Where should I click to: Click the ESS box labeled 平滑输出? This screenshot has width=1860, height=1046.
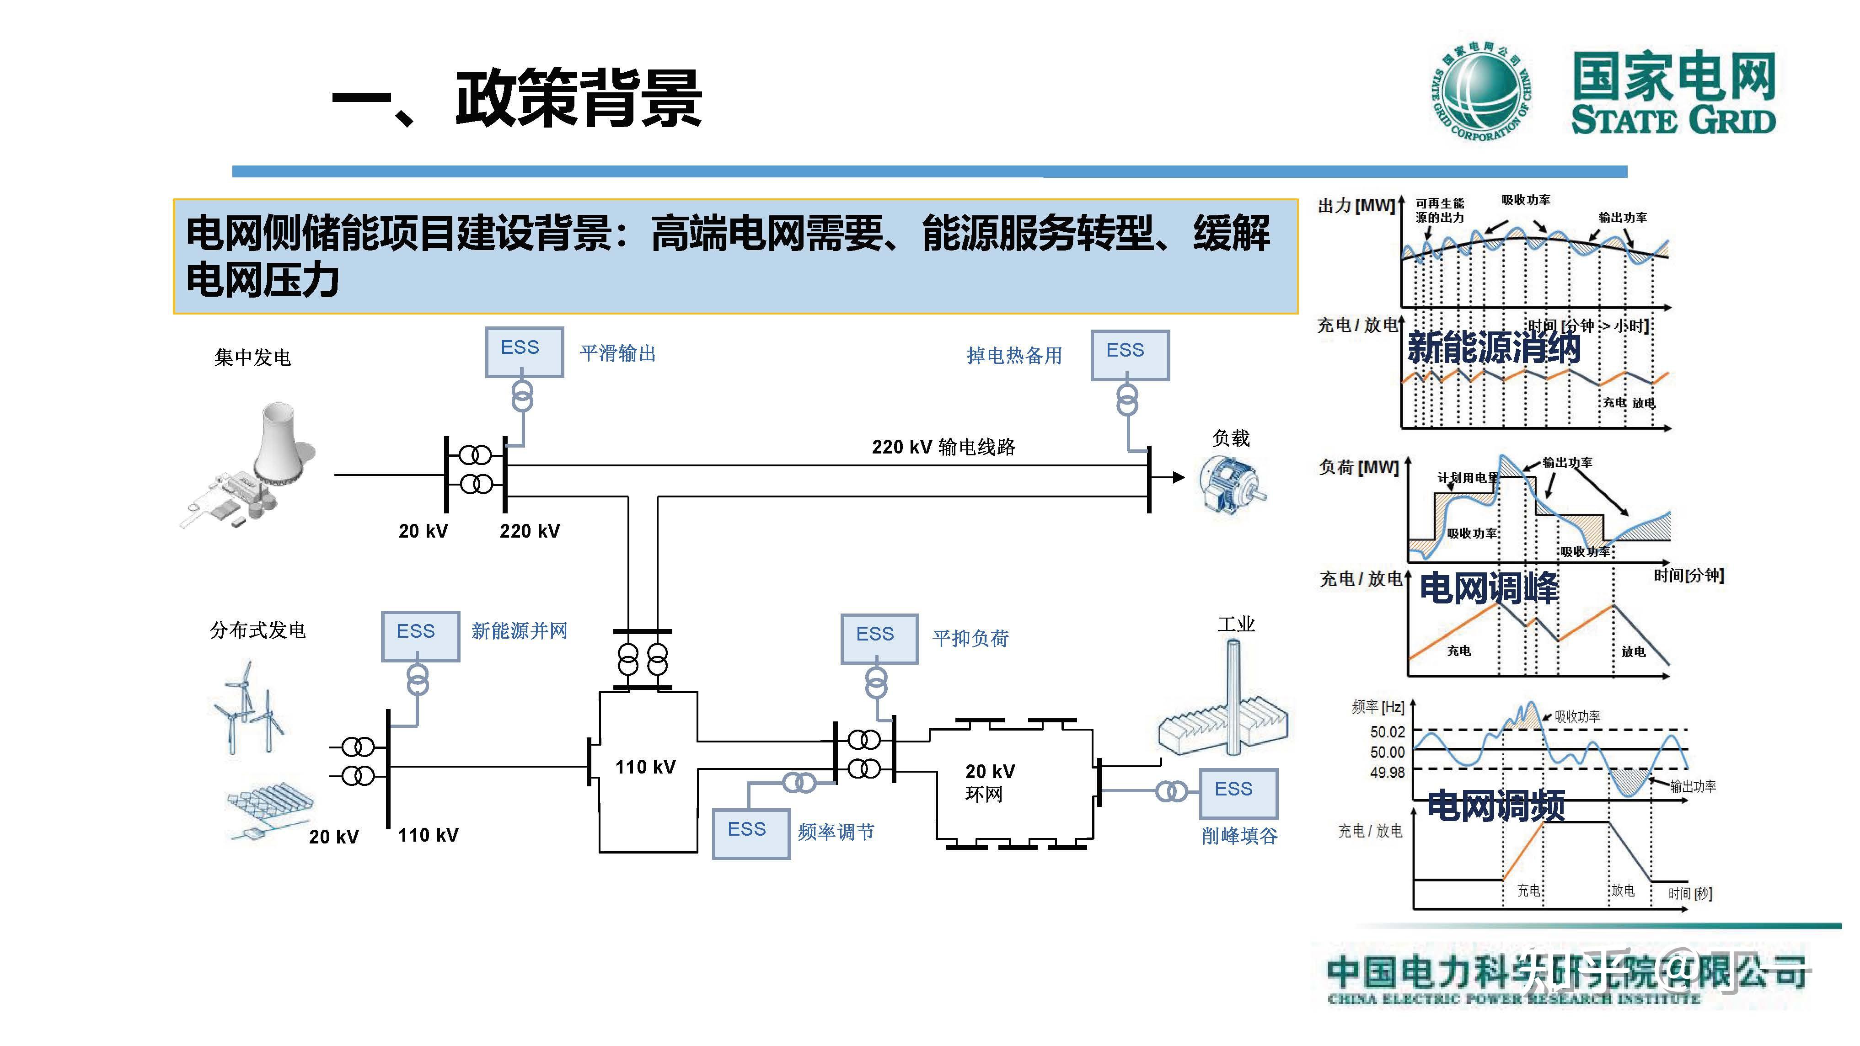point(524,352)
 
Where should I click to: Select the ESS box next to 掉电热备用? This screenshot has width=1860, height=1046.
point(1129,354)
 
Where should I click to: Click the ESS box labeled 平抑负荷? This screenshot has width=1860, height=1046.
point(879,638)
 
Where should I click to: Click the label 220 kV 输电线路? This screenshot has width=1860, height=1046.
point(943,447)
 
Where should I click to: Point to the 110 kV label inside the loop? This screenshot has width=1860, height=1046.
point(645,767)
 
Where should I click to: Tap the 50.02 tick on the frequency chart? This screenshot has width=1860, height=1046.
point(1387,731)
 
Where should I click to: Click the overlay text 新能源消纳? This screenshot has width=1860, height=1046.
point(1493,348)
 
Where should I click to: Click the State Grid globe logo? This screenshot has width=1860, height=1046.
point(1482,92)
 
